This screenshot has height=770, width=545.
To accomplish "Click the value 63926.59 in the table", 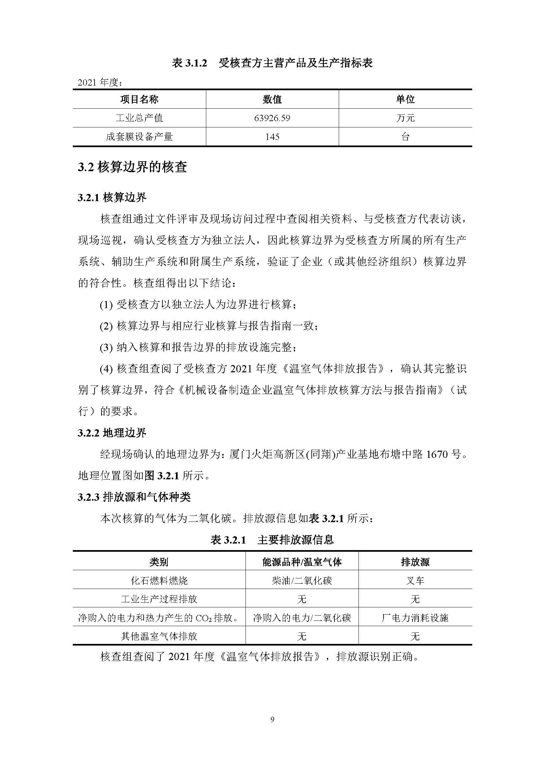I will [272, 118].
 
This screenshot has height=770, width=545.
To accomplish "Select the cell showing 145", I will [272, 137].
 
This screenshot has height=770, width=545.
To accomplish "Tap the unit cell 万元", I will [405, 118].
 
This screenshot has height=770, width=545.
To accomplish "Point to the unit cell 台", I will [405, 137].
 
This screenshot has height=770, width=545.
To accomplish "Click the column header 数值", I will [272, 99].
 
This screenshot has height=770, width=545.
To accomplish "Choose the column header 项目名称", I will [139, 99].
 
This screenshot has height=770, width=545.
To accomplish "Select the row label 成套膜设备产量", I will [139, 137].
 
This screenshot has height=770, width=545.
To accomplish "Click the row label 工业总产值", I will [139, 118].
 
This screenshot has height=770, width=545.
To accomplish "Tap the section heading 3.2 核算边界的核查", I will [132, 167].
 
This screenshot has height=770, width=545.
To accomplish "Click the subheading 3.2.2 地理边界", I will [112, 433].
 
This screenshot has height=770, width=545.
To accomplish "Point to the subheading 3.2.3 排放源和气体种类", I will [134, 497].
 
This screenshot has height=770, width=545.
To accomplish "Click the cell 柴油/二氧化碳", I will [302, 580].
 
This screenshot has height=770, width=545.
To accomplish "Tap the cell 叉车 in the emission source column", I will [415, 580].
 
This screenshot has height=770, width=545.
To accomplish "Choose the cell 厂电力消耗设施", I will [415, 618].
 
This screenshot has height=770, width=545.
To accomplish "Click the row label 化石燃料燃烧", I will [159, 580].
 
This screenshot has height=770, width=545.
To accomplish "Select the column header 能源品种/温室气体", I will [302, 562].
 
